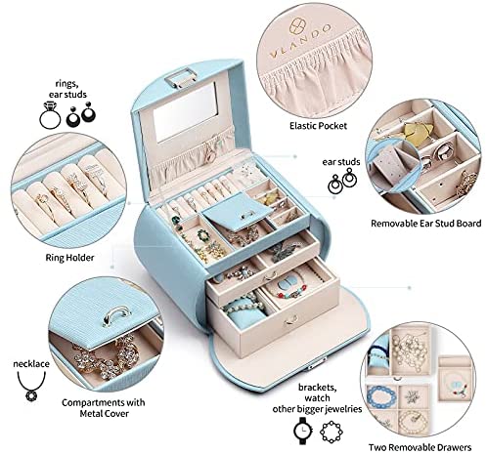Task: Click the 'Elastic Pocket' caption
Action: pos(318,126)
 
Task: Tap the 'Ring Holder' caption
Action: pos(69,258)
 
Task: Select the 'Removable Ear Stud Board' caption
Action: pos(426,224)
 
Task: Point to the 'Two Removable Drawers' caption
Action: pos(420,447)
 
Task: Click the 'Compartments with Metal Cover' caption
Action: pos(104,408)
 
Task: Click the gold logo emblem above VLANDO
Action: pos(297,26)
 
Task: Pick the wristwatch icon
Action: pos(303,431)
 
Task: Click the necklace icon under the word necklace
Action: pos(31,387)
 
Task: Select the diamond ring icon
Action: pos(50,115)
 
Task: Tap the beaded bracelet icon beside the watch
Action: pos(332,432)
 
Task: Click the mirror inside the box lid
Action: pos(185,112)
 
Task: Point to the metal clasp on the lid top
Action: pos(181,78)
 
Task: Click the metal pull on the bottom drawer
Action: pos(290,320)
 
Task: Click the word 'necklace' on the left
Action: pos(31,363)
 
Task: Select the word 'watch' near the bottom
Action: pos(317,398)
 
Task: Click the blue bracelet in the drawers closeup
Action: pos(381,396)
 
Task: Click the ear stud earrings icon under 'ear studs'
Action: pos(342,181)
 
